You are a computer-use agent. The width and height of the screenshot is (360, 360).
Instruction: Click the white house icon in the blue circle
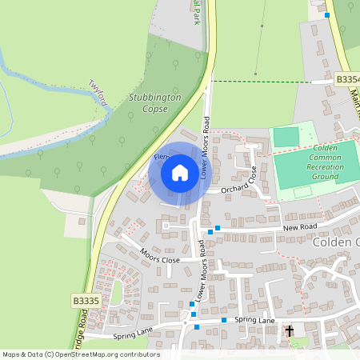point(179,172)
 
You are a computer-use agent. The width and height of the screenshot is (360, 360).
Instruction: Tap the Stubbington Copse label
point(154,102)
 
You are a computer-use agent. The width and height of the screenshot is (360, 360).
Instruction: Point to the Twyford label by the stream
point(98,87)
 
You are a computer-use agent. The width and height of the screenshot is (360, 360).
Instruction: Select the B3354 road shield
point(348,79)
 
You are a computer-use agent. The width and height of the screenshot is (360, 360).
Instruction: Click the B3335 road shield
point(85,301)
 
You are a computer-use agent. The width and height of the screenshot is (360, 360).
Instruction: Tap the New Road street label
point(301,228)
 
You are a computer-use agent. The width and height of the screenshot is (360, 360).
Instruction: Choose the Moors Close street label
point(159,255)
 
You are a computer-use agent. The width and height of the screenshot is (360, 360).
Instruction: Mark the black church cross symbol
point(290,330)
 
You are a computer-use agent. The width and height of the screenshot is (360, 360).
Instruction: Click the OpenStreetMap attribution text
point(80,354)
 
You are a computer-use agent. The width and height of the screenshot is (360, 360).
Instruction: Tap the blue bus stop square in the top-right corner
point(327,14)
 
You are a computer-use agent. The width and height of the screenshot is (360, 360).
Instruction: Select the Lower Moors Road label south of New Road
point(202,273)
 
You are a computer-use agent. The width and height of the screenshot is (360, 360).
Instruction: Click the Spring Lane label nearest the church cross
point(255,321)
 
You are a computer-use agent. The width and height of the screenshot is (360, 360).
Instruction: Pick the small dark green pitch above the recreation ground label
point(286,137)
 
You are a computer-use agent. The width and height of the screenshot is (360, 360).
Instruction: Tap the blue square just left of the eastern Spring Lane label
point(224,320)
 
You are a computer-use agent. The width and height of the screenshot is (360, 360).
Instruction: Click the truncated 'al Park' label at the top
point(196,11)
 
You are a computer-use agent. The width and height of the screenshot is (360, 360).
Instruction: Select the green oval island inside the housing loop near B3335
point(117,292)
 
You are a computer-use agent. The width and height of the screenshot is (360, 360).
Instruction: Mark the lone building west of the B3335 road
point(81,221)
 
